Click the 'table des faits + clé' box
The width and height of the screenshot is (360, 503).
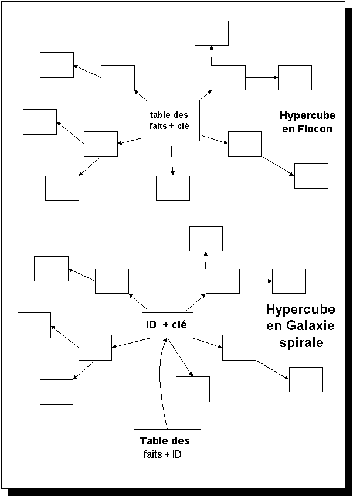pyautogui.click(x=171, y=121)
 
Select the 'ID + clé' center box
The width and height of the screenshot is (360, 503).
pyautogui.click(x=168, y=325)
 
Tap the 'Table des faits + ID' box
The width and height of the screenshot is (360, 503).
pyautogui.click(x=167, y=448)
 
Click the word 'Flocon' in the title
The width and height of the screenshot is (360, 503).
pyautogui.click(x=315, y=129)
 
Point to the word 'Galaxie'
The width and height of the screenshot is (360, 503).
pyautogui.click(x=310, y=325)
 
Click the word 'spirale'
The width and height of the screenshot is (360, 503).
pyautogui.click(x=301, y=342)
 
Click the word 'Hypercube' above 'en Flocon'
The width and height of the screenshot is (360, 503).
pyautogui.click(x=307, y=115)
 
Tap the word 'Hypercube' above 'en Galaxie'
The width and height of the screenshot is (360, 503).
pyautogui.click(x=300, y=309)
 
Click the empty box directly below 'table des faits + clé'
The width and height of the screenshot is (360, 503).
pyautogui.click(x=173, y=188)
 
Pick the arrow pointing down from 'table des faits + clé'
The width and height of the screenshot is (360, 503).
pyautogui.click(x=172, y=158)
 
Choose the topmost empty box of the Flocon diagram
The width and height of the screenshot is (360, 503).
pyautogui.click(x=212, y=33)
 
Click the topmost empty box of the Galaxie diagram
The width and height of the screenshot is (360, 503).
pyautogui.click(x=206, y=239)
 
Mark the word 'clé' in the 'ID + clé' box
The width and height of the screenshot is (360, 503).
pyautogui.click(x=179, y=325)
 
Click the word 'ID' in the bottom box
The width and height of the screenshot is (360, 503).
pyautogui.click(x=176, y=454)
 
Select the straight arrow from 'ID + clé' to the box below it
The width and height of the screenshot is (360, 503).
pyautogui.click(x=181, y=357)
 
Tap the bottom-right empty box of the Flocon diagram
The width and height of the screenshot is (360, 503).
pyautogui.click(x=311, y=176)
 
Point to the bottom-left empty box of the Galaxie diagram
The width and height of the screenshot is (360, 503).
pyautogui.click(x=56, y=392)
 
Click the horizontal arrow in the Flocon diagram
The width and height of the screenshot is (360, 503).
pyautogui.click(x=262, y=77)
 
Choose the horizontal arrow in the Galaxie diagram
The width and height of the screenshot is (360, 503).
pyautogui.click(x=256, y=281)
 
